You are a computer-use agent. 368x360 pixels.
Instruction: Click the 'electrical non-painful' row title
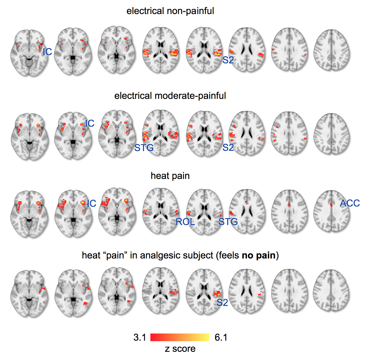click(170, 11)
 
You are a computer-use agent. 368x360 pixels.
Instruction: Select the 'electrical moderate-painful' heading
click(170, 96)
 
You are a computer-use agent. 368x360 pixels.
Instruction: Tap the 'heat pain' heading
click(170, 176)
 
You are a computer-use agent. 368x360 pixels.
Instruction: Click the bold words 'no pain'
click(259, 255)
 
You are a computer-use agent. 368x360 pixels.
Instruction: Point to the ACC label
click(350, 203)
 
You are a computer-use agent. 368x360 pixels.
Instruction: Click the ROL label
click(185, 222)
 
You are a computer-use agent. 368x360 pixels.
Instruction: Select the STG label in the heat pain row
click(228, 222)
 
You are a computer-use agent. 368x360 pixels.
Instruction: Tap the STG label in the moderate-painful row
click(144, 148)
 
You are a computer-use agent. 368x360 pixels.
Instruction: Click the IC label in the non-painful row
click(47, 52)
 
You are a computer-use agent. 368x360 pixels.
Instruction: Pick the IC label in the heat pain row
click(92, 204)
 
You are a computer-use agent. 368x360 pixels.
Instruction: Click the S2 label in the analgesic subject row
click(222, 302)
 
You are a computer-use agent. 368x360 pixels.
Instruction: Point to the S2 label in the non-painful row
click(228, 60)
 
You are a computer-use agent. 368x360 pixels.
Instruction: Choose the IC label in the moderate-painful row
click(90, 124)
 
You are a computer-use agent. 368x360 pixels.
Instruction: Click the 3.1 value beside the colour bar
click(140, 337)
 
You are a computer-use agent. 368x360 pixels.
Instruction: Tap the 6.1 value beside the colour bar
click(221, 337)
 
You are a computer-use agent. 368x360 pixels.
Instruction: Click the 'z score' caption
click(180, 349)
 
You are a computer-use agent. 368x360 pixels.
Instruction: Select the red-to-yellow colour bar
click(180, 337)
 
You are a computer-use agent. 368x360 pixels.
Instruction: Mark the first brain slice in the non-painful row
click(29, 53)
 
